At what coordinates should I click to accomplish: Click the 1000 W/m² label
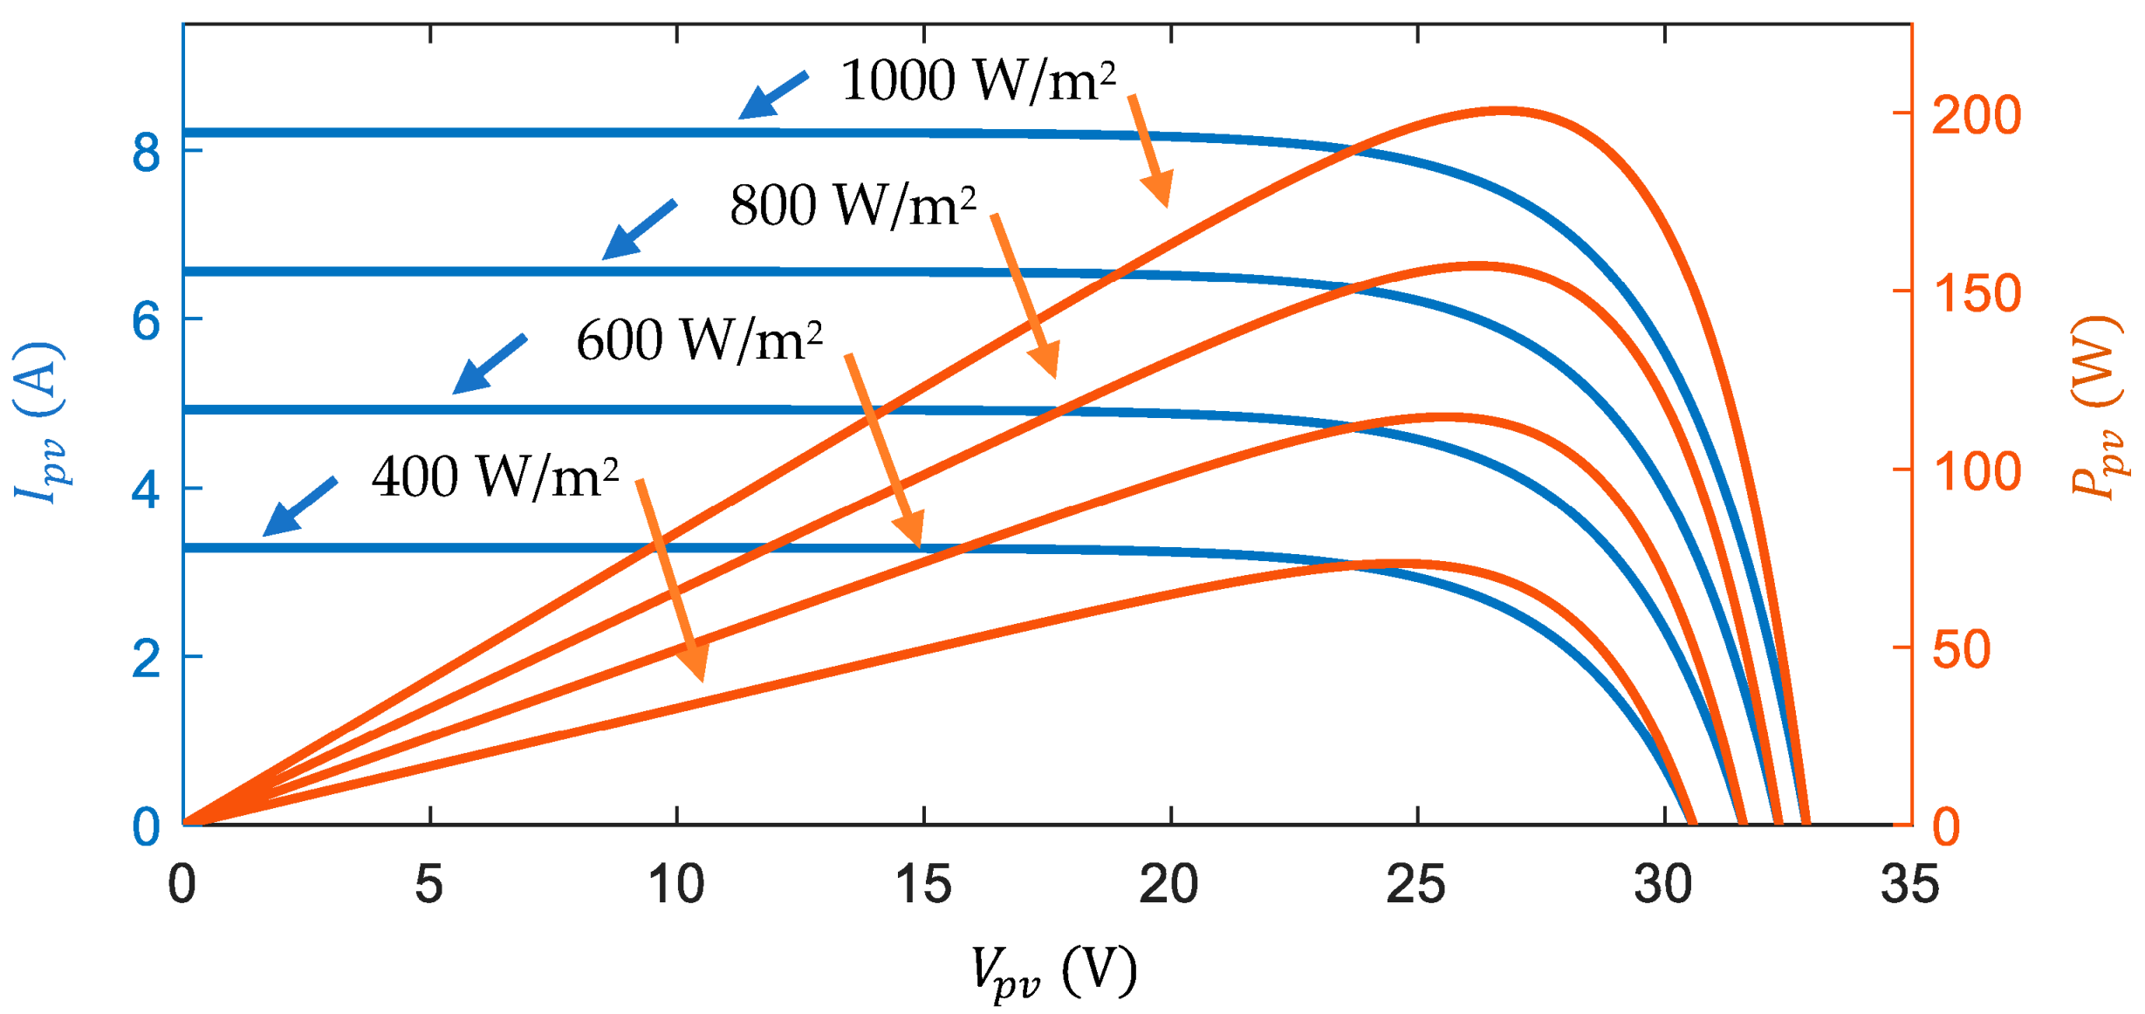point(977,81)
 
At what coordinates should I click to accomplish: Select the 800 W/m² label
point(853,207)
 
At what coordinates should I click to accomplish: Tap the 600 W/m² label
point(699,340)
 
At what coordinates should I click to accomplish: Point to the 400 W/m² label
point(495,477)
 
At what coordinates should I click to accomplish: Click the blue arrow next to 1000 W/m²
point(772,95)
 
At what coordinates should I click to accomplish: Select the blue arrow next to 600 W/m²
point(489,365)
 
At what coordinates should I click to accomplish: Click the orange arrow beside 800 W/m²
point(1026,296)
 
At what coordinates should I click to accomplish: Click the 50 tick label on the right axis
point(1962,649)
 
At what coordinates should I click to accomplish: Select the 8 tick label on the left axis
point(147,153)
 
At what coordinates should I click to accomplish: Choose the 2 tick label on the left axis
point(147,659)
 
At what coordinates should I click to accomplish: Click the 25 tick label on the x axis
point(1416,885)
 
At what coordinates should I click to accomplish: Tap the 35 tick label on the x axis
point(1910,885)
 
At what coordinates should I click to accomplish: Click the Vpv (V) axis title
point(1053,970)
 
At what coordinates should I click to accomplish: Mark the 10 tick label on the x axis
point(676,885)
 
